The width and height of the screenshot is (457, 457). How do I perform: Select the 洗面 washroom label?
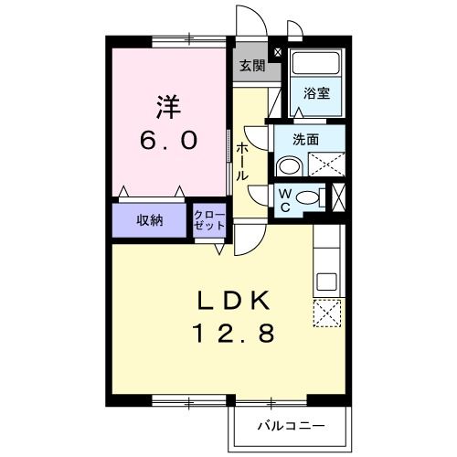[x=306, y=140]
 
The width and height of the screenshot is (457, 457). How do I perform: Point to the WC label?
[x=284, y=199]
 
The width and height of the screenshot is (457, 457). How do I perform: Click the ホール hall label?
[x=241, y=161]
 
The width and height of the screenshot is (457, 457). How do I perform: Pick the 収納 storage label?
[x=151, y=220]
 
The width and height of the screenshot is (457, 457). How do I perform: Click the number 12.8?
[x=234, y=335]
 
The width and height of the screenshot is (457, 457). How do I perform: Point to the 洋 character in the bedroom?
[x=169, y=107]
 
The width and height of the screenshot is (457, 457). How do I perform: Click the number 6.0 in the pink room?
[x=169, y=142]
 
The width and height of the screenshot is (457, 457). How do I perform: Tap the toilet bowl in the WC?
[x=309, y=198]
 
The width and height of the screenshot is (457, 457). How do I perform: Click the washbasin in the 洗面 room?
[x=288, y=165]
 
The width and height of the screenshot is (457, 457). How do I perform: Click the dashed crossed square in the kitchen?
[x=326, y=313]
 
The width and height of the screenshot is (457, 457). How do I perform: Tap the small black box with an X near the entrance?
[x=279, y=53]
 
